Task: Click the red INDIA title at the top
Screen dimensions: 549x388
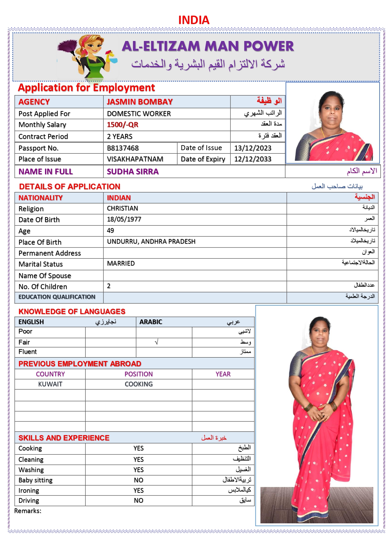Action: click(194, 20)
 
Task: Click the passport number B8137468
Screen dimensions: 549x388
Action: click(123, 148)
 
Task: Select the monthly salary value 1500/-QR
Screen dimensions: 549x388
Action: click(122, 125)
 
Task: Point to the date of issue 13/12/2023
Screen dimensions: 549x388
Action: click(253, 148)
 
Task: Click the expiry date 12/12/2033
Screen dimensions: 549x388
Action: click(253, 159)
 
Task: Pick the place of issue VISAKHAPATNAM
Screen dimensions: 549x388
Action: click(135, 159)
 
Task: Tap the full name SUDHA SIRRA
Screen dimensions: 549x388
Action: click(133, 171)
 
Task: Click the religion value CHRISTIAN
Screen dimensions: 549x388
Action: click(122, 208)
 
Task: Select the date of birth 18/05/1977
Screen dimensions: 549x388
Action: click(124, 219)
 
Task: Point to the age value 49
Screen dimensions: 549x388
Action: click(110, 231)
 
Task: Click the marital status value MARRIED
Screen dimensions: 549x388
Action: click(121, 263)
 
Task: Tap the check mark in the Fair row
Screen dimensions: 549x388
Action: click(157, 342)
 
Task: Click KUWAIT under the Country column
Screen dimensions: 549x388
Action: click(50, 384)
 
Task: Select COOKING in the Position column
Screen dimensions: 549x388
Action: click(139, 384)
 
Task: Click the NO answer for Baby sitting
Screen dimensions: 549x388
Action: click(139, 480)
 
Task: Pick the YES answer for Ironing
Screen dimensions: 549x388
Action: click(139, 491)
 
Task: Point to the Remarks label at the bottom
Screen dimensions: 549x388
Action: click(28, 511)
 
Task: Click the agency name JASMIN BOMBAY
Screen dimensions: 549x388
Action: click(139, 102)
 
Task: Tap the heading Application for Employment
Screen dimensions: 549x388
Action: click(86, 88)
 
